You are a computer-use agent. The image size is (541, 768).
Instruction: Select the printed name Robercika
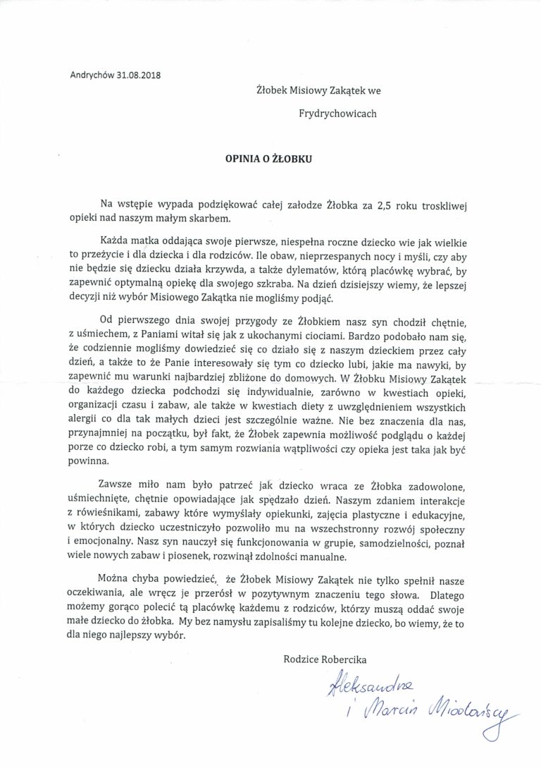pos(344,659)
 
